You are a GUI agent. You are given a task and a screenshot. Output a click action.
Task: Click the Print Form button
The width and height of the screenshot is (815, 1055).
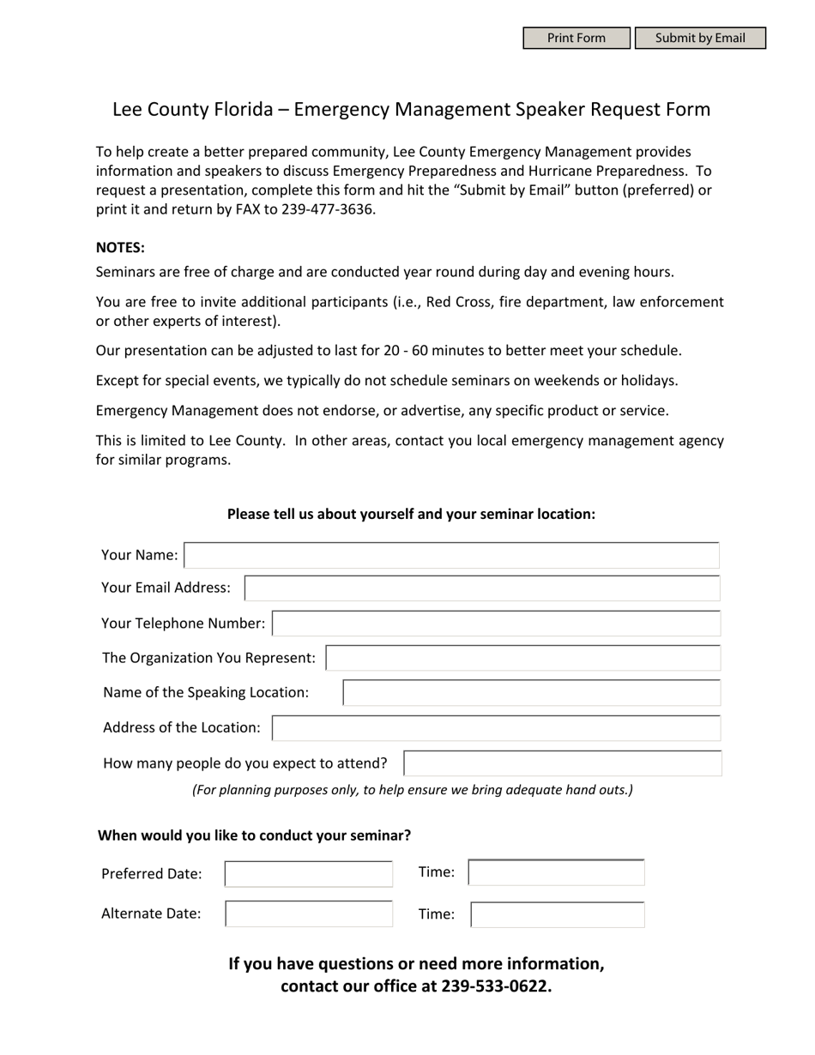tap(577, 39)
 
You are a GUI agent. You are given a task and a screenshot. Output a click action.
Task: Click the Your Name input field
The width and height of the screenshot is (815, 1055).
tap(451, 556)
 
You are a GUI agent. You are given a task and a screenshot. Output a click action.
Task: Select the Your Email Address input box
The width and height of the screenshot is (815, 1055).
tap(481, 588)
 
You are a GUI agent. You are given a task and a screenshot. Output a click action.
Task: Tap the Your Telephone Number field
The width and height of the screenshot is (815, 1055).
tap(496, 624)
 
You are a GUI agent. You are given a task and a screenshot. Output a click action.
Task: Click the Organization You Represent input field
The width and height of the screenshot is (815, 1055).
tap(522, 658)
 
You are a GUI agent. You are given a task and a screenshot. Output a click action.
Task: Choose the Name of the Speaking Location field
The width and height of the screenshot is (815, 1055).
tap(531, 693)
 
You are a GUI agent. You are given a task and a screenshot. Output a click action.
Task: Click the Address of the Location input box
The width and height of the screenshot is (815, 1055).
tap(496, 728)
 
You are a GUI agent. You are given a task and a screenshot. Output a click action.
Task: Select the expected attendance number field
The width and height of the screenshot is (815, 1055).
tap(562, 763)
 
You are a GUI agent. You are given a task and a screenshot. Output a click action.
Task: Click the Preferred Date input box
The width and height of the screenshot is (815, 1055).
tap(308, 874)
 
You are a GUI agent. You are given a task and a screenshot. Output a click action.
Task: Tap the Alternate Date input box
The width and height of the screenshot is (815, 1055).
tap(308, 914)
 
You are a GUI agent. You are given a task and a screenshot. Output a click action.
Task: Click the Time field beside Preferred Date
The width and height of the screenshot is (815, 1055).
tap(556, 873)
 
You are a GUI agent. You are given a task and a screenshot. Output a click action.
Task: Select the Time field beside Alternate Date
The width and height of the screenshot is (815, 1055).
tap(557, 915)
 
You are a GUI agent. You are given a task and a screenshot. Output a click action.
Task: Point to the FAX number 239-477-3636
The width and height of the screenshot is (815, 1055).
tap(328, 209)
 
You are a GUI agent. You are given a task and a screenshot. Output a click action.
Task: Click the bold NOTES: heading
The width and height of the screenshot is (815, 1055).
tap(120, 248)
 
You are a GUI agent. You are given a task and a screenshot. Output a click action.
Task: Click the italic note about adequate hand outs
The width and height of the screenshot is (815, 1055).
tap(412, 790)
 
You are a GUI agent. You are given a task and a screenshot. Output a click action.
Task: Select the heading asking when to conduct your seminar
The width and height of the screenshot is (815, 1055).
tap(254, 835)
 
